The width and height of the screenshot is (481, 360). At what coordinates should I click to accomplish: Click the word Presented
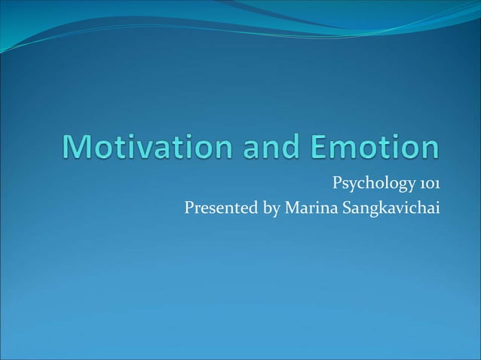click(x=221, y=207)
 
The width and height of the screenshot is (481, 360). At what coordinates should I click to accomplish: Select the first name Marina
click(x=309, y=207)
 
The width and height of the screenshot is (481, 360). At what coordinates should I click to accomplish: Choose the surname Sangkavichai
click(x=389, y=208)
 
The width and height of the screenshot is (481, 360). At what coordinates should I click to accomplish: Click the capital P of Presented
click(x=189, y=207)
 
